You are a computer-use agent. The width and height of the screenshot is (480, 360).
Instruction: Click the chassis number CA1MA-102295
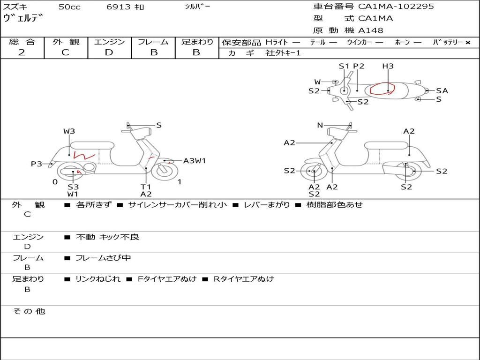point(396,7)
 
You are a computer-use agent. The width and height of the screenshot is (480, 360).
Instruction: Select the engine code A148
point(370,30)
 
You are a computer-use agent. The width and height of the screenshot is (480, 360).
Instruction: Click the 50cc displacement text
point(69,7)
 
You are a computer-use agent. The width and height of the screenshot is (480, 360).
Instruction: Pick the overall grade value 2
point(22,52)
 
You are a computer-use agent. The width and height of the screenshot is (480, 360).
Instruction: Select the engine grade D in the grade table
point(109,52)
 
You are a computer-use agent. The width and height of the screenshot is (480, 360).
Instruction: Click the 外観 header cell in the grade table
point(66,42)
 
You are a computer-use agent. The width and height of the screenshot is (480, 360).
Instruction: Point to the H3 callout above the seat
point(388,66)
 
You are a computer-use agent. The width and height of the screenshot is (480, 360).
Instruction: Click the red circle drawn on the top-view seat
point(381,89)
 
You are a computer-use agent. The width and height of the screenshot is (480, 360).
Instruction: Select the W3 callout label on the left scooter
point(69,131)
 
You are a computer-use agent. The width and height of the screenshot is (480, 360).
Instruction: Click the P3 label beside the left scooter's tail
point(37,164)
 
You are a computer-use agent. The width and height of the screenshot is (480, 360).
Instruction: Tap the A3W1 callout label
point(195,161)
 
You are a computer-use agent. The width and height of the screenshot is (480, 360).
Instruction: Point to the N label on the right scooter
point(320,125)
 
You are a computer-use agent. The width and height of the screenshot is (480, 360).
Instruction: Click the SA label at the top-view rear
point(442,91)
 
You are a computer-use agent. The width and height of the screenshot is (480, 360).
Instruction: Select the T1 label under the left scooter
point(146,187)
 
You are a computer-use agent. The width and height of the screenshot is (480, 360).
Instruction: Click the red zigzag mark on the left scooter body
point(84,155)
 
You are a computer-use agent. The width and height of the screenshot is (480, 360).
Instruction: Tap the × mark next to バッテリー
point(467,43)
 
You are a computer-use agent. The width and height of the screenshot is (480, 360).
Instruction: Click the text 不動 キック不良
point(107,237)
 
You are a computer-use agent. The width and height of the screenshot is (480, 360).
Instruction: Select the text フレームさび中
point(103,258)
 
